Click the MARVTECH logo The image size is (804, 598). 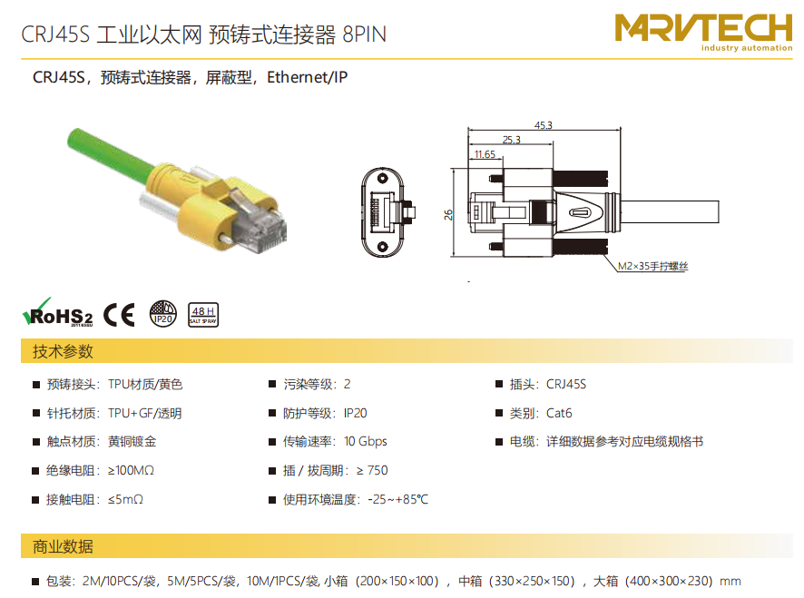click(703, 32)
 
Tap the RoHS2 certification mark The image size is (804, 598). click(57, 312)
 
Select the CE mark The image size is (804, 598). click(119, 314)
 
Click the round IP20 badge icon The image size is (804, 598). click(163, 314)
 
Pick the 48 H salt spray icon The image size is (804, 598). click(203, 314)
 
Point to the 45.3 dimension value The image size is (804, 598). click(544, 125)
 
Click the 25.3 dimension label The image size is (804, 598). click(511, 140)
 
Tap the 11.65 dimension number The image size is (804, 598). click(485, 154)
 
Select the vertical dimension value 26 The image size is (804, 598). click(448, 214)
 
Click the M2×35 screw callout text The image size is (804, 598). click(652, 266)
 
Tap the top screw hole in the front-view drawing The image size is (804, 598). click(382, 179)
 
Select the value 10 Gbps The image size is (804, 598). click(366, 442)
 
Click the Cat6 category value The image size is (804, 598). click(559, 413)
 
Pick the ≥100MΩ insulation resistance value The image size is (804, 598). click(131, 470)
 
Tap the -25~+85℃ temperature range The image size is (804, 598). click(397, 499)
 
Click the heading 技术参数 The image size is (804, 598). click(63, 351)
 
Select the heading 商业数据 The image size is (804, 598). click(63, 546)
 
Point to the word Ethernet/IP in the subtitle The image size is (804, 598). click(307, 77)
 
